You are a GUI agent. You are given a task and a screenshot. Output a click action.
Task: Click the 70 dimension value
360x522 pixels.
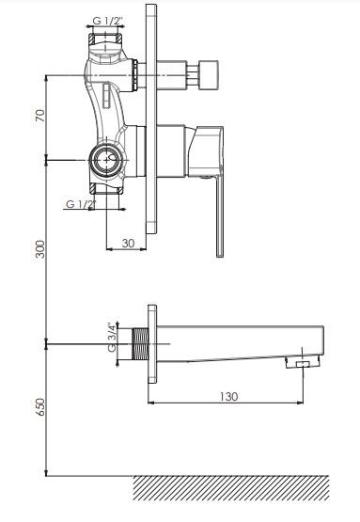[40, 115]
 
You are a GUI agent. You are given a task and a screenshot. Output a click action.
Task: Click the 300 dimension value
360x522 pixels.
[40, 249]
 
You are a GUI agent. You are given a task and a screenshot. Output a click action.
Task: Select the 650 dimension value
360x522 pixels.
[40, 406]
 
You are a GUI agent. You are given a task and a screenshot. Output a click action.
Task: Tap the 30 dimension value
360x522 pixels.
[128, 244]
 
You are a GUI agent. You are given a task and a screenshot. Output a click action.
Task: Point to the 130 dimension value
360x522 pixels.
[228, 397]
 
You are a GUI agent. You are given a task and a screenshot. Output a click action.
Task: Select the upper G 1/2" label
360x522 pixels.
[107, 21]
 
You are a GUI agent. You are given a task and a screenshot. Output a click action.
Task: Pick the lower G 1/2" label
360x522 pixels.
[81, 204]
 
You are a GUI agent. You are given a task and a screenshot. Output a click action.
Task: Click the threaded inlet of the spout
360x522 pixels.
[140, 344]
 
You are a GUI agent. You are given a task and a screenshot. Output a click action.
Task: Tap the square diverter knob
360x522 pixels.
[209, 75]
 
